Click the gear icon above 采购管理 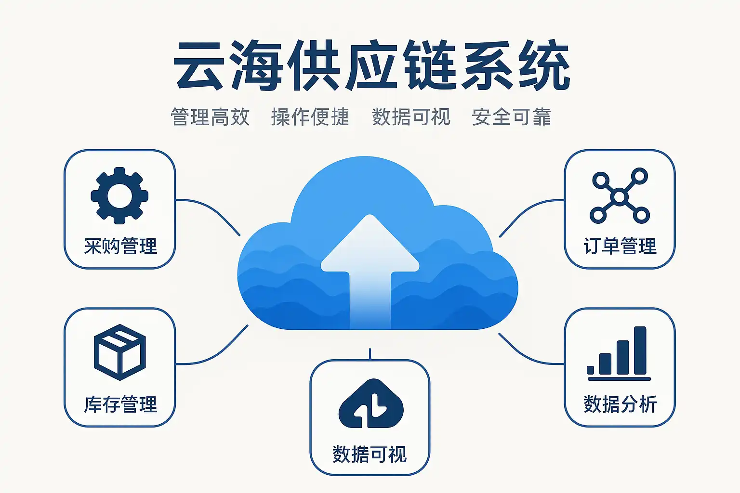(x=119, y=195)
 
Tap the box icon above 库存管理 (x=119, y=352)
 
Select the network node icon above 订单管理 (x=620, y=195)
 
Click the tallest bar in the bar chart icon (x=640, y=350)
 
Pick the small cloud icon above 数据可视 (x=370, y=403)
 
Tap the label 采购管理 (x=120, y=246)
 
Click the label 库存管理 (x=120, y=404)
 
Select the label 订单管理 (x=620, y=246)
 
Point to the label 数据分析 (x=620, y=404)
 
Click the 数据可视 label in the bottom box (x=370, y=454)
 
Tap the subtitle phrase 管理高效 (x=210, y=117)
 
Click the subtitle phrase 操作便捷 (x=310, y=117)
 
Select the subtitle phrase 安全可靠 (x=511, y=117)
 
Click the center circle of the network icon (x=620, y=197)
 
